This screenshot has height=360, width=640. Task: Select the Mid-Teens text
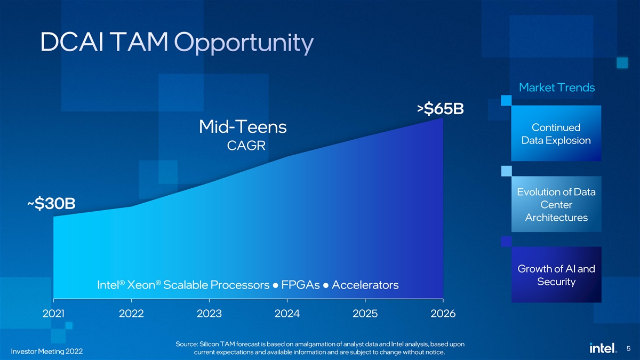(243, 127)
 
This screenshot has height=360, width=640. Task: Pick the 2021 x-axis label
(53, 314)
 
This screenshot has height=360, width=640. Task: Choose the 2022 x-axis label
(131, 314)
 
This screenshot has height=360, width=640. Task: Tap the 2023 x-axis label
(209, 314)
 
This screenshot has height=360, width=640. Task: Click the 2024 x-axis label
(287, 314)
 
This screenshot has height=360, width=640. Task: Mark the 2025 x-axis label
(365, 314)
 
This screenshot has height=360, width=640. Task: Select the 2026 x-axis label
(443, 314)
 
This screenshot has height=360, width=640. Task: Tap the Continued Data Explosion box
(556, 134)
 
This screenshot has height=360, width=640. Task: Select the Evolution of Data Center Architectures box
(556, 205)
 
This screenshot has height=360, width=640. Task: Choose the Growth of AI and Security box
(556, 275)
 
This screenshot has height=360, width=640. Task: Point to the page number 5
(629, 349)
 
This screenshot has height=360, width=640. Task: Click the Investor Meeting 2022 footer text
(47, 352)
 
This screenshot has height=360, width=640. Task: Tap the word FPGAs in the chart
(300, 285)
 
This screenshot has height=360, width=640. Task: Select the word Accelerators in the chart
(365, 285)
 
